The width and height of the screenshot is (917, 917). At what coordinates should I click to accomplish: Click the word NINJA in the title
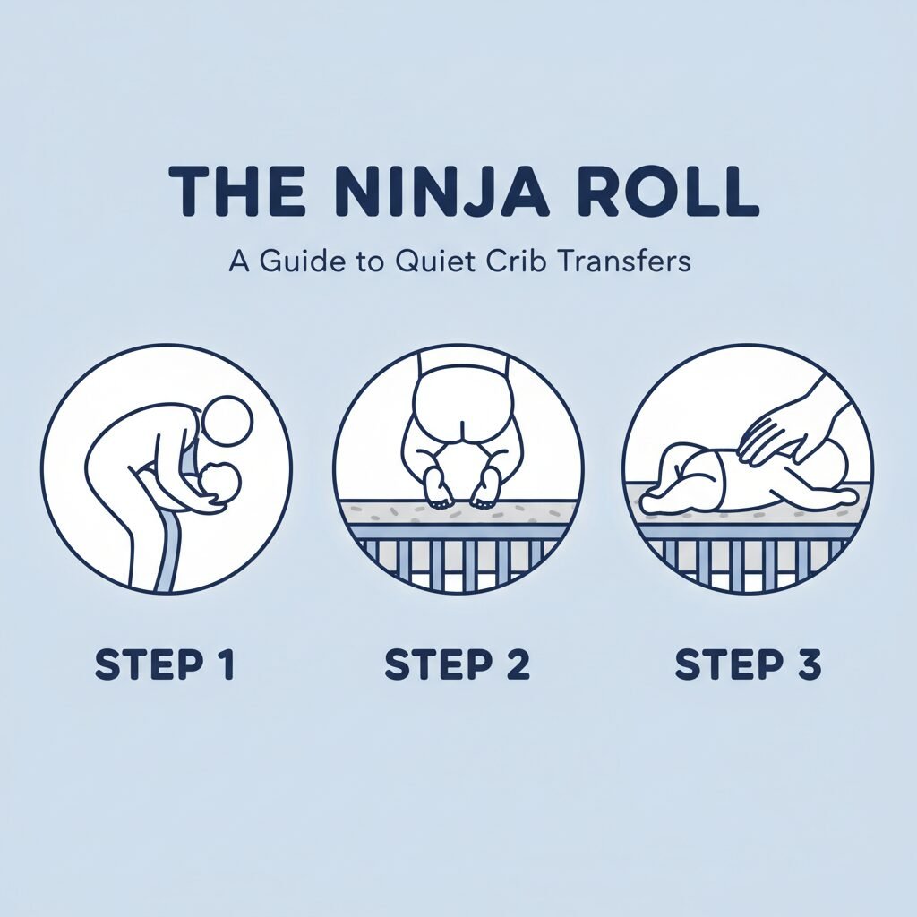[x=440, y=193]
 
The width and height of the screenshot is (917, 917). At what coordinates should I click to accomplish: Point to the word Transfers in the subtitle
[x=623, y=261]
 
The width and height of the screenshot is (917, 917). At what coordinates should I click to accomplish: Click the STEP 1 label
[x=165, y=665]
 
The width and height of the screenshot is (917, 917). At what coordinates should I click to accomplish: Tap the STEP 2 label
[x=458, y=665]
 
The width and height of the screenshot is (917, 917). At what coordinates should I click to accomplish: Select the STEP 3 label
[x=748, y=665]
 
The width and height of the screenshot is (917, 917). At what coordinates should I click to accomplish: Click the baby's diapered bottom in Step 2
[x=460, y=412]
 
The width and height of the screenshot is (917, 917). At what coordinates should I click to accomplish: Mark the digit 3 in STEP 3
[x=809, y=665]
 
